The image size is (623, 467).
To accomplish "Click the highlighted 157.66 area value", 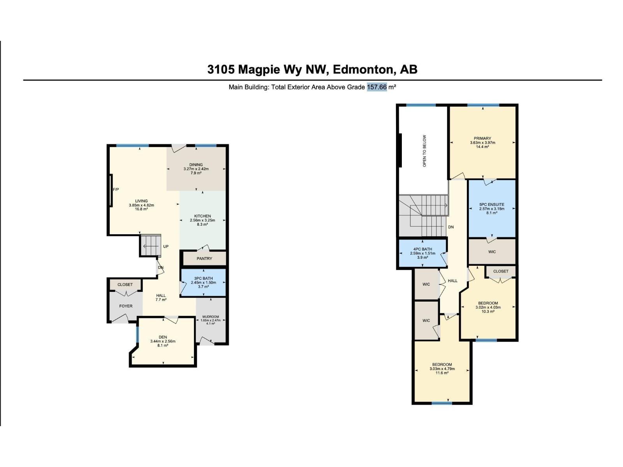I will click(x=377, y=87).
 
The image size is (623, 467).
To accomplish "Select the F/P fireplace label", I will click(x=116, y=190).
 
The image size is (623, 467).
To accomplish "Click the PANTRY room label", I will click(x=204, y=258).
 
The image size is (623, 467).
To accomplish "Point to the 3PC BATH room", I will click(x=203, y=283).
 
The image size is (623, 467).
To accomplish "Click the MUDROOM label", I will click(x=210, y=316).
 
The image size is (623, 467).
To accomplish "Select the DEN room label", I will click(x=163, y=337).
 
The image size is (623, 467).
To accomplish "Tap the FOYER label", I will click(x=126, y=306).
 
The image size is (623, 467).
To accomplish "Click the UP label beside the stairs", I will click(x=166, y=246).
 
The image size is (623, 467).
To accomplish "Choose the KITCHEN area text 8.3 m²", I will click(x=202, y=225).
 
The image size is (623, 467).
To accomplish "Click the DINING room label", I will click(x=196, y=165).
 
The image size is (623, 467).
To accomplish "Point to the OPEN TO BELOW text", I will click(x=424, y=151).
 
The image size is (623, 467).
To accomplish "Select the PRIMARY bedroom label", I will click(x=482, y=138).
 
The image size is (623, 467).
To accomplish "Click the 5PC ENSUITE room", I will click(x=492, y=208).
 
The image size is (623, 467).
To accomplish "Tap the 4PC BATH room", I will click(x=422, y=253).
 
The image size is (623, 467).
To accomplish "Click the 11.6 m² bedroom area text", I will click(x=442, y=373).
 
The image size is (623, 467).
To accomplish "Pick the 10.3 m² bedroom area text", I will click(x=488, y=311).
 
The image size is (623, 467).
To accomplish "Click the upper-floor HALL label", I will click(x=452, y=281).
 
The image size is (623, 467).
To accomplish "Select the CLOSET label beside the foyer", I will click(x=125, y=284).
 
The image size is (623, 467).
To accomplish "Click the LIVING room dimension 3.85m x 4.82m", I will click(x=141, y=205).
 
